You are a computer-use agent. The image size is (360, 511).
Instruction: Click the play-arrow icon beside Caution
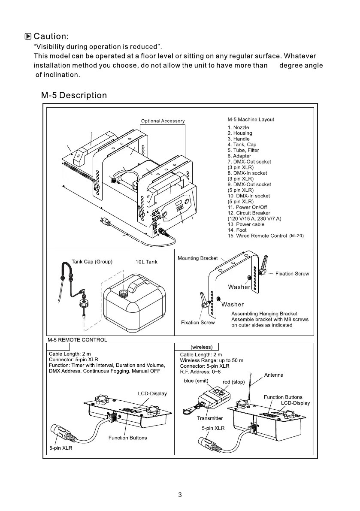28,36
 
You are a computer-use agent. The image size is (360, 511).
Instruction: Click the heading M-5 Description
74,95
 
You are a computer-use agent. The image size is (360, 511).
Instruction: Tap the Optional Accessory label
163,121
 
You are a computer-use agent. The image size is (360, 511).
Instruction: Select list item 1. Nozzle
238,127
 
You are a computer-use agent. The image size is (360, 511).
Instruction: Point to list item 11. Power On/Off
247,207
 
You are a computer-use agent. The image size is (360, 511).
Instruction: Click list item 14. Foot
237,230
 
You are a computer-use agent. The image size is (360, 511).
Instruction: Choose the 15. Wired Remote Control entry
265,236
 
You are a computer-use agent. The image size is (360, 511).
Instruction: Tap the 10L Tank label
146,262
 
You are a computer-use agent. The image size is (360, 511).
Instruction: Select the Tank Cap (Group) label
92,262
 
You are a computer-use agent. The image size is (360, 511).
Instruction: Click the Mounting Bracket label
197,258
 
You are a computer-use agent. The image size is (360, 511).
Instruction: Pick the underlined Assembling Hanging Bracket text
264,314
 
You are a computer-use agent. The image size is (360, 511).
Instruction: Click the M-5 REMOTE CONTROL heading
76,340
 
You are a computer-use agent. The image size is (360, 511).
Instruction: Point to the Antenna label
273,375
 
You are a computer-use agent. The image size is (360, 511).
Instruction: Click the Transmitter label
210,418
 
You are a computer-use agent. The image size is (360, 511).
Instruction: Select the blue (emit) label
196,381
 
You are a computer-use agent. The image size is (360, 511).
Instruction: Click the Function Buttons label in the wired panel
127,438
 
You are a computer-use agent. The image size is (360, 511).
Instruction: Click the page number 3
180,495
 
